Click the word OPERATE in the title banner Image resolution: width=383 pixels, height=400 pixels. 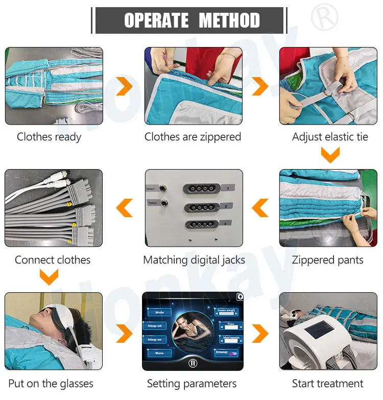(156, 20)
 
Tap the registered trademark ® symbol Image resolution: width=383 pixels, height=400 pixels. (324, 16)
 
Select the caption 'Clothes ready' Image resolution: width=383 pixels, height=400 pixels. (49, 137)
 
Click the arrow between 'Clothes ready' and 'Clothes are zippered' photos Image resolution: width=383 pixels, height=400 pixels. (124, 86)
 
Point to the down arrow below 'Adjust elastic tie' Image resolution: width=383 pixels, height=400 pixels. (330, 154)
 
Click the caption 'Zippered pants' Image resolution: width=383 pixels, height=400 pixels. (328, 260)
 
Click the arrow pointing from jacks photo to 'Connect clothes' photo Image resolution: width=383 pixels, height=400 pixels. (124, 208)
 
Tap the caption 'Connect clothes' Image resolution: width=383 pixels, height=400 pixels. (53, 260)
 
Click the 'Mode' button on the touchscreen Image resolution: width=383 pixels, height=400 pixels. (159, 312)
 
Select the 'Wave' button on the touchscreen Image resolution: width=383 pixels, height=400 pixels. (159, 353)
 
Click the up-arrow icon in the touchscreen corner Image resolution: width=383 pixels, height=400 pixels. (239, 297)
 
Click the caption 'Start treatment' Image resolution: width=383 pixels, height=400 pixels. (328, 383)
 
